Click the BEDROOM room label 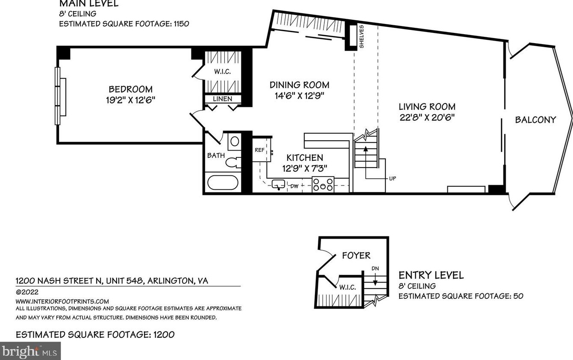point(130,89)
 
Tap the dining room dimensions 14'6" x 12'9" point(300,96)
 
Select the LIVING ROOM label point(427,106)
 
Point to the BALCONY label point(535,120)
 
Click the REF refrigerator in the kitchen point(259,150)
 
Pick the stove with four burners point(323,184)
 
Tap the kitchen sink point(279,185)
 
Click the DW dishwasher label point(294,186)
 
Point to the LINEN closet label point(223,99)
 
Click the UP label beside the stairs point(392,178)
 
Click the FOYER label point(356,255)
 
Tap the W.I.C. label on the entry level point(347,287)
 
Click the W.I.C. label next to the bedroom point(223,72)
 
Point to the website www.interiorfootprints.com point(62,301)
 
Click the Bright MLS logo point(30,351)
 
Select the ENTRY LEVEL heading point(431,275)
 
